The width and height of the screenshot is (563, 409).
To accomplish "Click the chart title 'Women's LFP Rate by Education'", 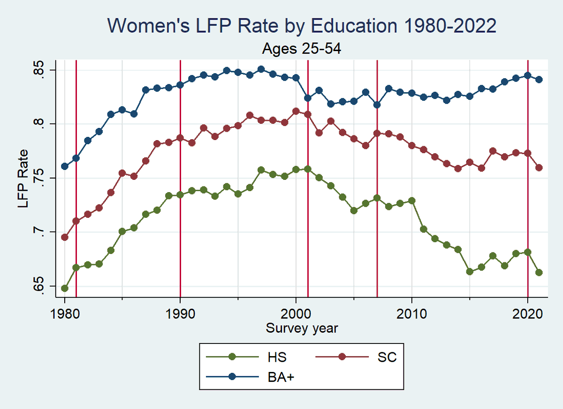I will pos(302,26).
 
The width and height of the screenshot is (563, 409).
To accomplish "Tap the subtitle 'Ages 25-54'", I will pos(302,49).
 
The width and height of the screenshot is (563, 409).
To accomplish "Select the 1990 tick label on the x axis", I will pos(180,314).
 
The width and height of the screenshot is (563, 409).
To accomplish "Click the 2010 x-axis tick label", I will pos(411,314).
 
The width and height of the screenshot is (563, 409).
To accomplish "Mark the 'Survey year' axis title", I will pos(302,328).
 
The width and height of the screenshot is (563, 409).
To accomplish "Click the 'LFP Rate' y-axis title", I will pos(23,178).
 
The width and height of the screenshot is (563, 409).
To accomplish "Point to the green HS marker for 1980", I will pos(65,288).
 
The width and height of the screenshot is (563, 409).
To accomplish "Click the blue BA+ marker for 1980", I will pos(65,166).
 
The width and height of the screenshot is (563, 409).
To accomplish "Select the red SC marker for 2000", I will pos(296,111).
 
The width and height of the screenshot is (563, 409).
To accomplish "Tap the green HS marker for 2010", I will pos(411,201).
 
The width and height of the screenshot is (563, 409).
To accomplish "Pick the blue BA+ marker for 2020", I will pos(527,75).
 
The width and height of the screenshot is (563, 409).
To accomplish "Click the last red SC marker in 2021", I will pos(539,167).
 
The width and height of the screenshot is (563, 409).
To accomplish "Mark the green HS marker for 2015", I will pos(470,271).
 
